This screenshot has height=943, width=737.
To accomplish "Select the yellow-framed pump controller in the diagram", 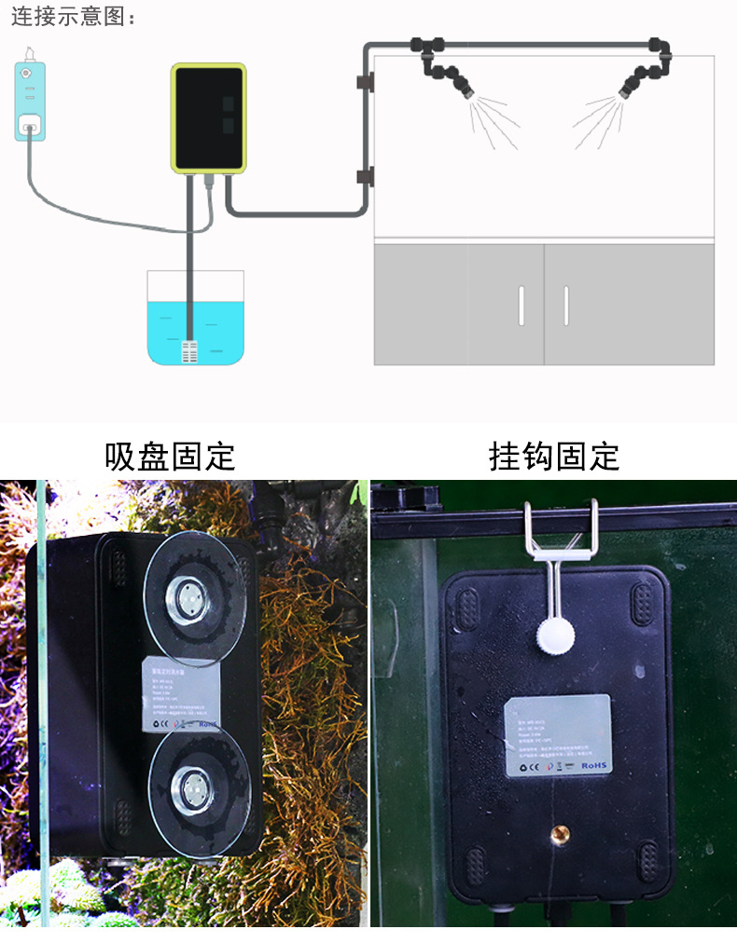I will (x=209, y=117).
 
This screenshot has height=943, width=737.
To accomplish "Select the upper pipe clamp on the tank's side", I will (x=365, y=83).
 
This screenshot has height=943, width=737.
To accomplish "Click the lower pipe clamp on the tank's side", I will (x=365, y=176).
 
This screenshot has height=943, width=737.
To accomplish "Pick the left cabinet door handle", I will (x=521, y=306).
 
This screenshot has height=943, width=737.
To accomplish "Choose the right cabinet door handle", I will (x=565, y=306).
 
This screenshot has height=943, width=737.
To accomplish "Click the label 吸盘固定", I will (x=170, y=457).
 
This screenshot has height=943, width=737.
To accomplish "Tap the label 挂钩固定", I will (x=554, y=457).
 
